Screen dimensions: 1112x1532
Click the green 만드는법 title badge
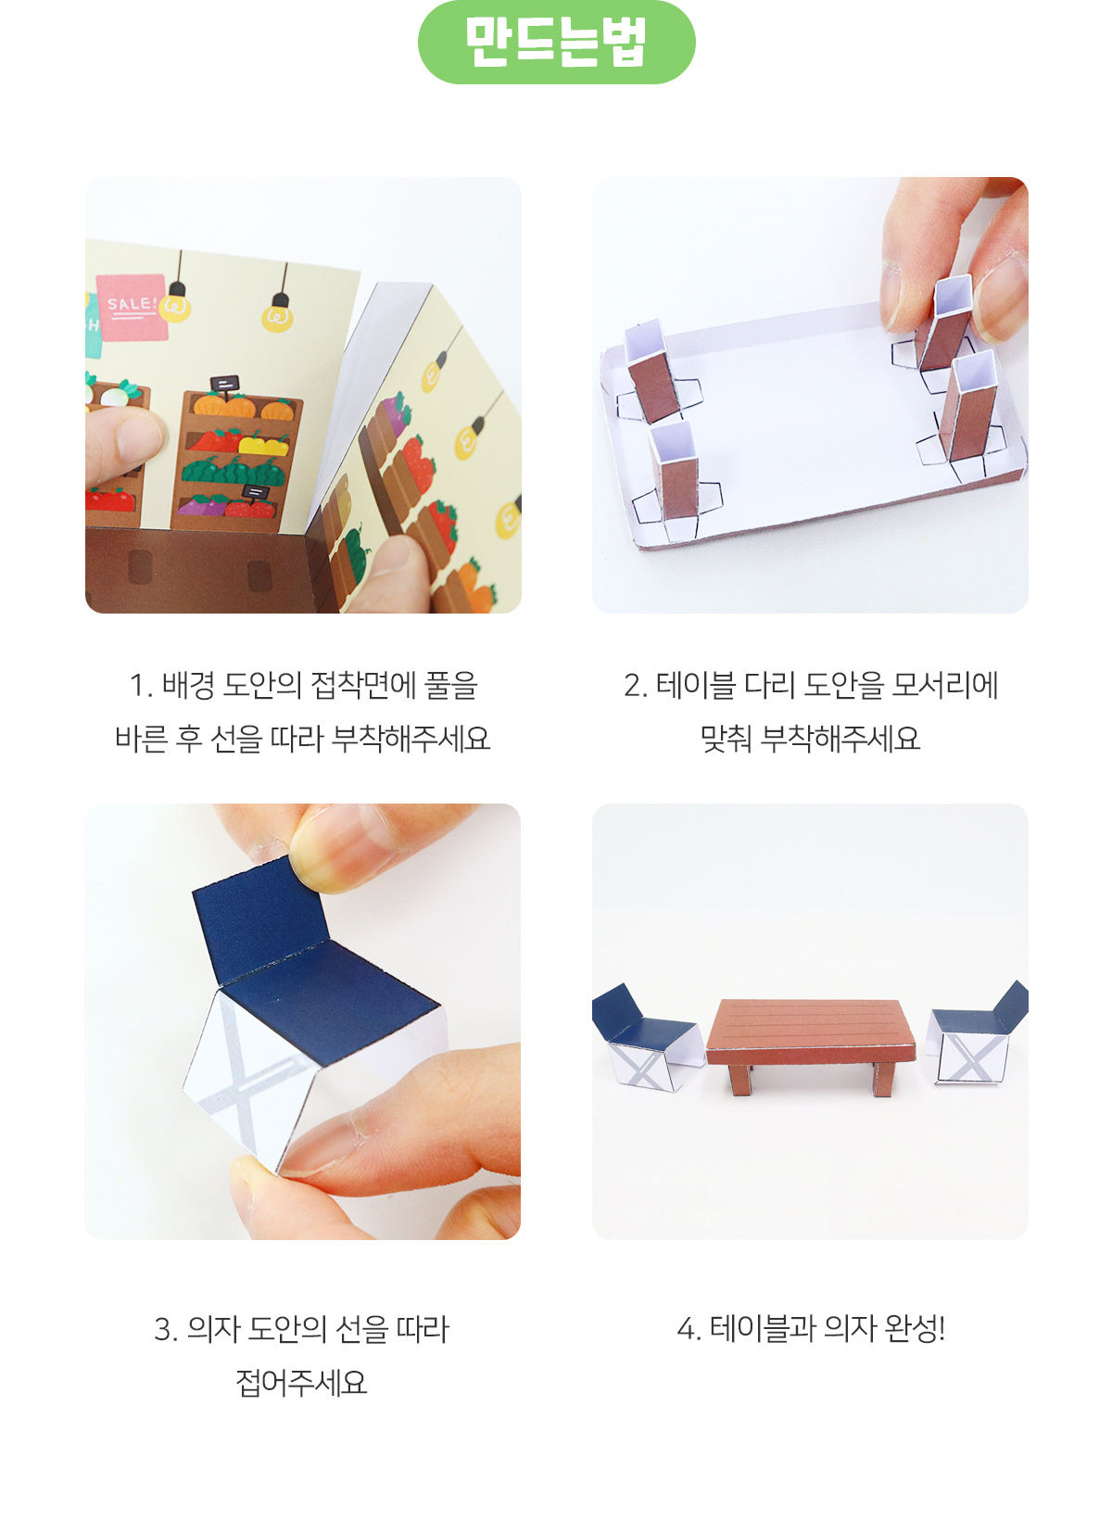tap(556, 42)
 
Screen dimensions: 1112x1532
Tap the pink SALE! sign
tap(132, 307)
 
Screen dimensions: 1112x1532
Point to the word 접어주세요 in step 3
tap(301, 1382)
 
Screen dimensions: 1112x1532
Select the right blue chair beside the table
tap(977, 1032)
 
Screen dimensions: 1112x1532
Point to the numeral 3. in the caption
tap(166, 1329)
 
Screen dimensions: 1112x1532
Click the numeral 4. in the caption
tap(689, 1329)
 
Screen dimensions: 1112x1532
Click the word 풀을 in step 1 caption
tap(450, 685)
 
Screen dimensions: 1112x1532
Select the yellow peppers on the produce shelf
tap(263, 445)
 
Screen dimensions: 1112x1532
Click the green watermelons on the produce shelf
tap(233, 471)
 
